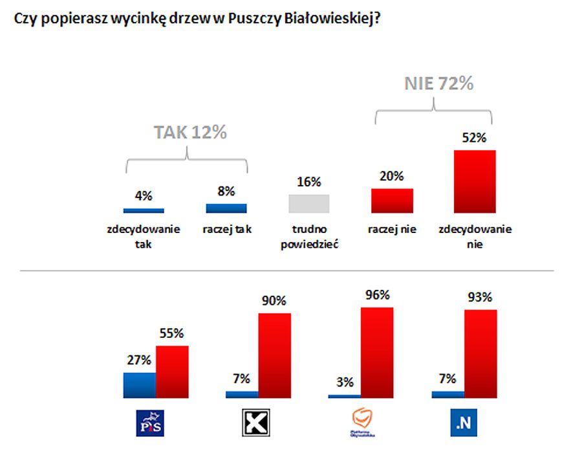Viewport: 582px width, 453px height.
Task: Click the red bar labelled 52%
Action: click(475, 181)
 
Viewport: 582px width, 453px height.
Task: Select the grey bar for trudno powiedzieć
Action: click(308, 203)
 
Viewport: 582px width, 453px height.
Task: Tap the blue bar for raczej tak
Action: click(226, 208)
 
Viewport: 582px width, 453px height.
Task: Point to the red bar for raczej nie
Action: click(392, 201)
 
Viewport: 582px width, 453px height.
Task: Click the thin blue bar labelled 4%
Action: click(144, 210)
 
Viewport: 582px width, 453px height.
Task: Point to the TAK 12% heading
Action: click(190, 133)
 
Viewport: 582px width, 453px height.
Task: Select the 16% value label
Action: click(308, 182)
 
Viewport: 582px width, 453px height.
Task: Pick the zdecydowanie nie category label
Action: click(475, 237)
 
